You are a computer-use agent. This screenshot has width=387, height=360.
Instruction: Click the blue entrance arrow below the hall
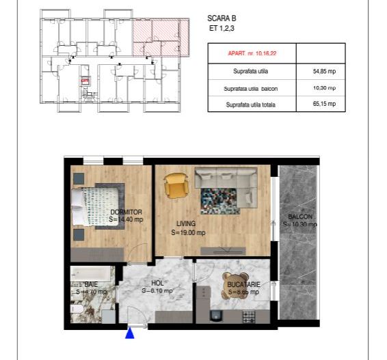coord(130,333)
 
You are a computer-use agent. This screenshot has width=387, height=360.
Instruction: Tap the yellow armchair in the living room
coord(175,185)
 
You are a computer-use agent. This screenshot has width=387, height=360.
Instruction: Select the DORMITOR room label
coord(126,212)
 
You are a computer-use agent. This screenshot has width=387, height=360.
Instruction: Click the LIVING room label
coord(186,223)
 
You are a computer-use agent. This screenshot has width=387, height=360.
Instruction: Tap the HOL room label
coord(157,282)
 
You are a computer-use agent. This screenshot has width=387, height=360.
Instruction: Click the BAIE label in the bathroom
coord(92,284)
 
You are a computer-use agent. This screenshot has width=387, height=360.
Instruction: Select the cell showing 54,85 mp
coord(319,70)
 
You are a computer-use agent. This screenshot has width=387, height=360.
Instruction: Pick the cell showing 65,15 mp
coord(319,105)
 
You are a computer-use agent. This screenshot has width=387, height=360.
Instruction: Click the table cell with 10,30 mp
coord(319,88)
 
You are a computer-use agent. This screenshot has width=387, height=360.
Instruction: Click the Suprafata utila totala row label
coord(251,105)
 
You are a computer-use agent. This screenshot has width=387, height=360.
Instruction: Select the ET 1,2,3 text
coord(219,29)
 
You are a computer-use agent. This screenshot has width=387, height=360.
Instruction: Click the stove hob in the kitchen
coord(249,316)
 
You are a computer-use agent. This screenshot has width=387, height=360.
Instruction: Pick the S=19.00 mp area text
coord(188,232)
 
